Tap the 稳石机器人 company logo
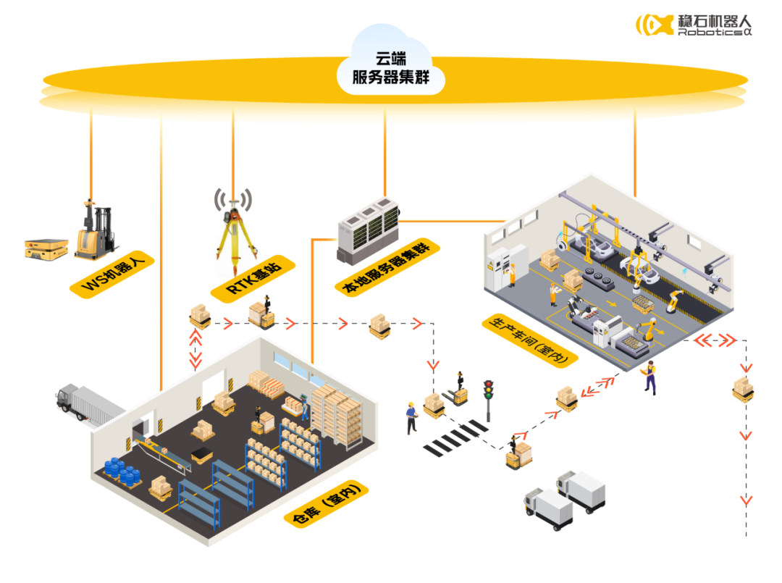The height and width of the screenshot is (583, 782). click(693, 25)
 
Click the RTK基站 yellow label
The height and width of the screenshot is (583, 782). click(253, 280)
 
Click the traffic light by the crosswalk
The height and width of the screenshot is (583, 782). click(489, 399)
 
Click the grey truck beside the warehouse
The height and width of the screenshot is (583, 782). click(86, 406)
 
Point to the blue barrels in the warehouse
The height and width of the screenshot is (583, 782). click(123, 471)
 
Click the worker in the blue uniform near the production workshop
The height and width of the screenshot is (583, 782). click(650, 377)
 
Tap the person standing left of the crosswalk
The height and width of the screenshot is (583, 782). click(411, 417)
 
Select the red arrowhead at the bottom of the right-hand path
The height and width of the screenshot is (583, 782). click(744, 500)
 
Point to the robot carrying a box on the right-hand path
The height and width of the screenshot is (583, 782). click(742, 390)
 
